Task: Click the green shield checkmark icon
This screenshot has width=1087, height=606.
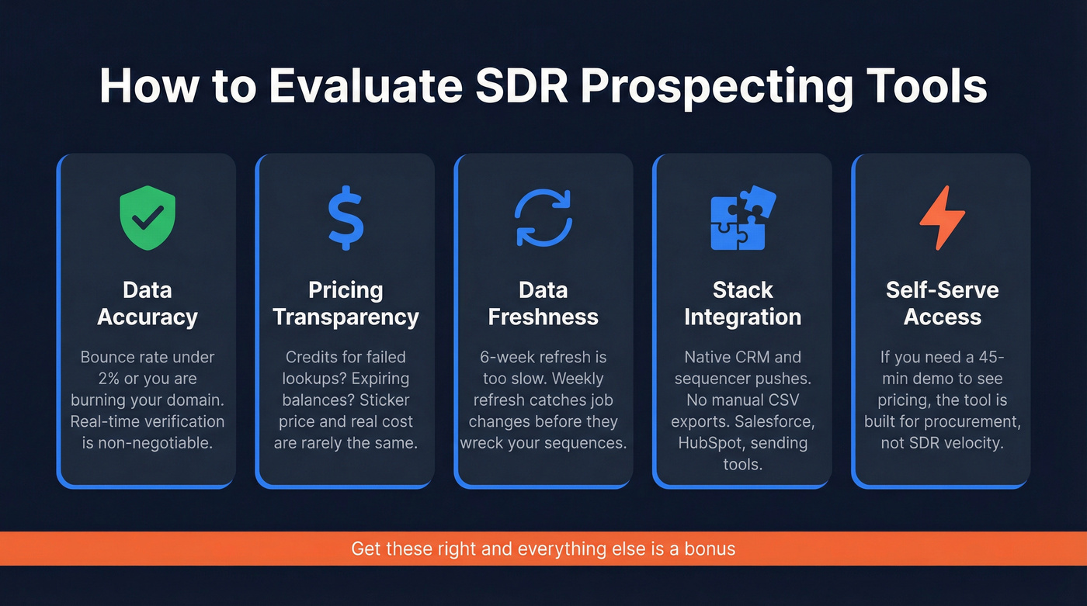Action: pyautogui.click(x=147, y=218)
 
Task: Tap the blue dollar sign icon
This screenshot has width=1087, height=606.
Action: pyautogui.click(x=346, y=218)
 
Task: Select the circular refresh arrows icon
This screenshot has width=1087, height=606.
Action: pyautogui.click(x=543, y=218)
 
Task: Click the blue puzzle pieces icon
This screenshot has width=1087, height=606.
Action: pyautogui.click(x=742, y=218)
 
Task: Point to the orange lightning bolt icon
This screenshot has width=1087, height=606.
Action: pyautogui.click(x=942, y=218)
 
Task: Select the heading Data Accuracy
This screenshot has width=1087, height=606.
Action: pyautogui.click(x=147, y=303)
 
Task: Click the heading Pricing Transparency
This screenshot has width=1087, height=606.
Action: pyautogui.click(x=346, y=303)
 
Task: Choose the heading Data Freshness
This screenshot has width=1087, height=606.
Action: pyautogui.click(x=543, y=303)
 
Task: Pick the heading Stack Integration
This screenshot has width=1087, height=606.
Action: pyautogui.click(x=742, y=303)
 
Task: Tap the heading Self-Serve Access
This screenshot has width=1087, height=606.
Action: pyautogui.click(x=942, y=303)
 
